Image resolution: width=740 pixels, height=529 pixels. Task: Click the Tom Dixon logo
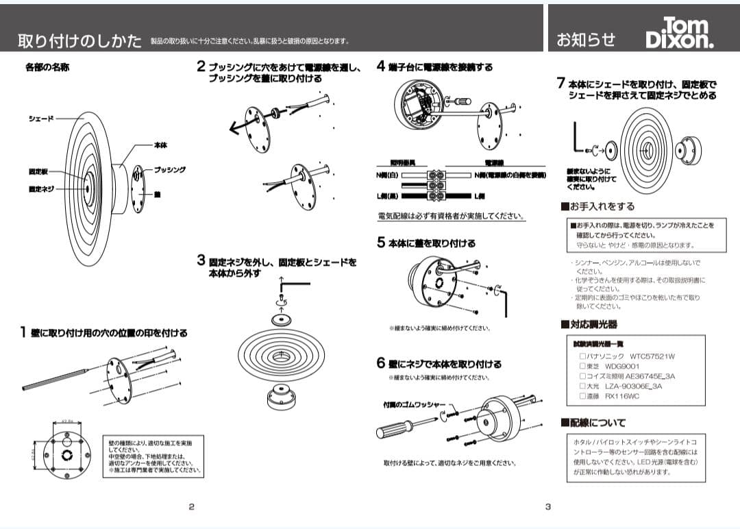coord(680,33)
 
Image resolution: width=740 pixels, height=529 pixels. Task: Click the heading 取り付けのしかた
coord(79,40)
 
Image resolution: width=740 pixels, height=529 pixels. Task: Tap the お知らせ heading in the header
coord(586,40)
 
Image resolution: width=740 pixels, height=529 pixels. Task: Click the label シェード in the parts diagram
coord(40,119)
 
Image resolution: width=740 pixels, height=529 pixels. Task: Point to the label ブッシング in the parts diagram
coord(169,169)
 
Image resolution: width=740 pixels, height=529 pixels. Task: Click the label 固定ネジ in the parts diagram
coord(40,188)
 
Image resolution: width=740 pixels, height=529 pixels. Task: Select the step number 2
coord(201,66)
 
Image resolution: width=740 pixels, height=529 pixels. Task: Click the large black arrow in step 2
coord(240,126)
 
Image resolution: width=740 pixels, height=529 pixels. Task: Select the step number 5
coord(381,243)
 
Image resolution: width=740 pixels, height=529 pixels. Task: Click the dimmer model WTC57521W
coord(652,356)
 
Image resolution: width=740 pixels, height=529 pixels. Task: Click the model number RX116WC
coord(622,396)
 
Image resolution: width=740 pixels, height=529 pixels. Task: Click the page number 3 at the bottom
coord(548,507)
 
